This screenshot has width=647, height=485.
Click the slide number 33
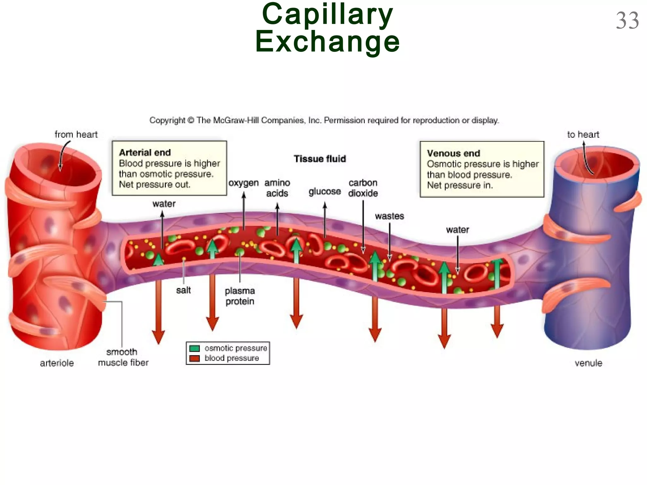tap(627, 21)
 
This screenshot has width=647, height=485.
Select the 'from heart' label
tap(76, 135)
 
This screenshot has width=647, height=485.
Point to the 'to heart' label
tap(583, 135)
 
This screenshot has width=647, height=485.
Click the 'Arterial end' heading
tap(145, 153)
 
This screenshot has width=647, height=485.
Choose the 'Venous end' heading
tap(453, 153)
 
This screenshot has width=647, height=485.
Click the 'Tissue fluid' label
tap(320, 159)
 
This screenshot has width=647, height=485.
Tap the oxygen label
tap(243, 183)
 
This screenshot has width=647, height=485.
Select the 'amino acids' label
tap(277, 188)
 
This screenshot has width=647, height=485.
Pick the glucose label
tap(324, 192)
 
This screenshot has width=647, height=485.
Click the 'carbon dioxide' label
tap(363, 188)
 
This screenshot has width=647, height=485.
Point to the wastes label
tap(389, 216)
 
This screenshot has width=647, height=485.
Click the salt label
tap(183, 290)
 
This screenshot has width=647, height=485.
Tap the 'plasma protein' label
tap(240, 296)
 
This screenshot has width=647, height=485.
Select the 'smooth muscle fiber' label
tap(123, 357)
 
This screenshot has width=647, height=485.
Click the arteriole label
tap(57, 363)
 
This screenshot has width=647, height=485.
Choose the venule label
tap(588, 363)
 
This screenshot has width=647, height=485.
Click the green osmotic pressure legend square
tap(195, 348)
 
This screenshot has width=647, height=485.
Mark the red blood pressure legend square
tap(195, 358)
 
